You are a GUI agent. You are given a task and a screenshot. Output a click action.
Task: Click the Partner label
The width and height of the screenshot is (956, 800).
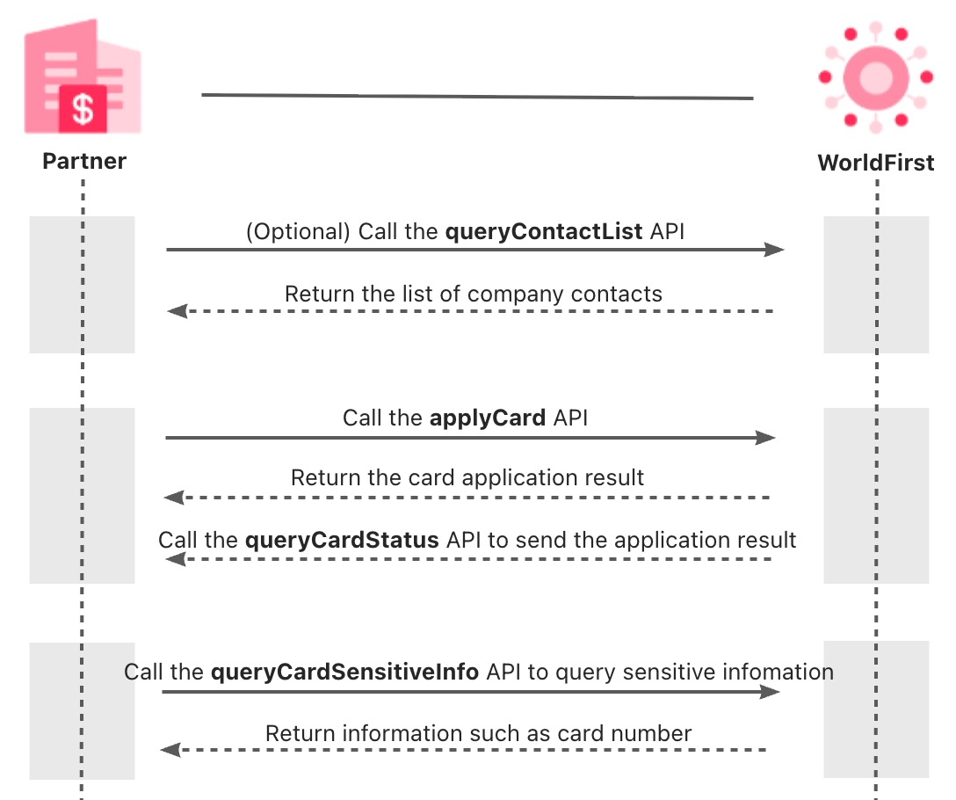84,162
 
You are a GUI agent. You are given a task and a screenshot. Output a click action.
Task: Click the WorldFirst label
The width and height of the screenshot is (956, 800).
875,163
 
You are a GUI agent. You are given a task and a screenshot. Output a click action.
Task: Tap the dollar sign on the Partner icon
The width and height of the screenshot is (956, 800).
83,108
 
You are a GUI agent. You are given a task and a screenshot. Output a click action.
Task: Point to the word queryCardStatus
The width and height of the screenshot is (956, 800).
343,540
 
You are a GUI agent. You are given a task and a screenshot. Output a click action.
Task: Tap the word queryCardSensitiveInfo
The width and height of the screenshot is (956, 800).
345,673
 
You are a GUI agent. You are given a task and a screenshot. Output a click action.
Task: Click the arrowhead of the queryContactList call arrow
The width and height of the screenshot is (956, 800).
774,250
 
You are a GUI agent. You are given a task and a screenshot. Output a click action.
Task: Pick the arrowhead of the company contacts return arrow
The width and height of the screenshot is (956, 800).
177,311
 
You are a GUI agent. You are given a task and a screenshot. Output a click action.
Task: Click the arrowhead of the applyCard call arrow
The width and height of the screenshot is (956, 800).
766,437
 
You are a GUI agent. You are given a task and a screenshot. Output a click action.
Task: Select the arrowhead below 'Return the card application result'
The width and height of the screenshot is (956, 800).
173,498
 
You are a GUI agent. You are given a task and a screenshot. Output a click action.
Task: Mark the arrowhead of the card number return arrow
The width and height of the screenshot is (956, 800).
170,750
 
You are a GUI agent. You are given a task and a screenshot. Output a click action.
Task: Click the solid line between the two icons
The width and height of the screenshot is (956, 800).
477,96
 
